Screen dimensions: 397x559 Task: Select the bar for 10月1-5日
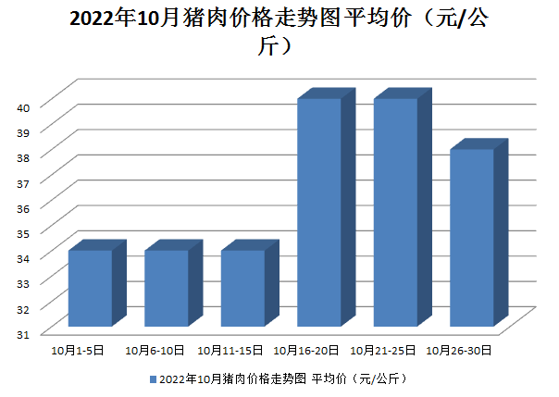coord(90,288)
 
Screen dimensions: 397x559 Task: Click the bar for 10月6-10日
coord(167,288)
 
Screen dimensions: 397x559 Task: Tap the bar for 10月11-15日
coord(242,288)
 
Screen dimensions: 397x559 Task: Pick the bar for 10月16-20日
coord(319,212)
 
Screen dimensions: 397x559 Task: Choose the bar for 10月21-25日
coord(395,212)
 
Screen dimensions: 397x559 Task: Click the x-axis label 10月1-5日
coord(78,351)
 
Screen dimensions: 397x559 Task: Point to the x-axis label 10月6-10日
coord(155,351)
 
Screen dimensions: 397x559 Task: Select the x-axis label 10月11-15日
coord(230,351)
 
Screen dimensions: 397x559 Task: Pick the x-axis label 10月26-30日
coord(460,351)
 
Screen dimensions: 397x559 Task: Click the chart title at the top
coord(279,32)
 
